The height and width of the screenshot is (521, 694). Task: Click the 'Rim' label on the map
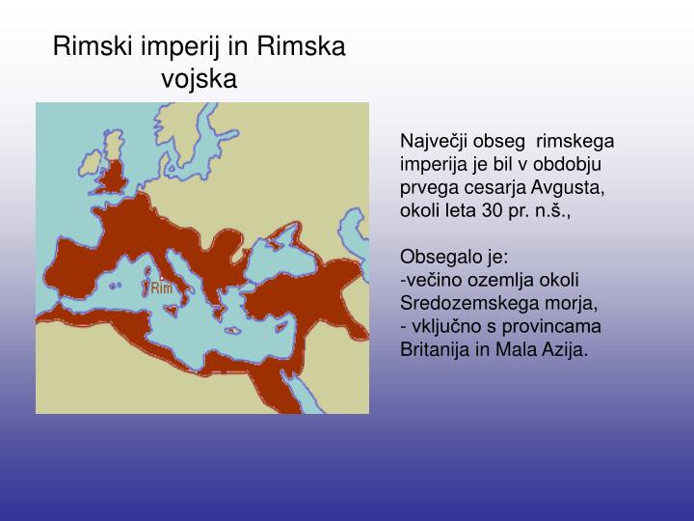click(160, 288)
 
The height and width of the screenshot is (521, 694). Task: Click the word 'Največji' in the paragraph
click(431, 140)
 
